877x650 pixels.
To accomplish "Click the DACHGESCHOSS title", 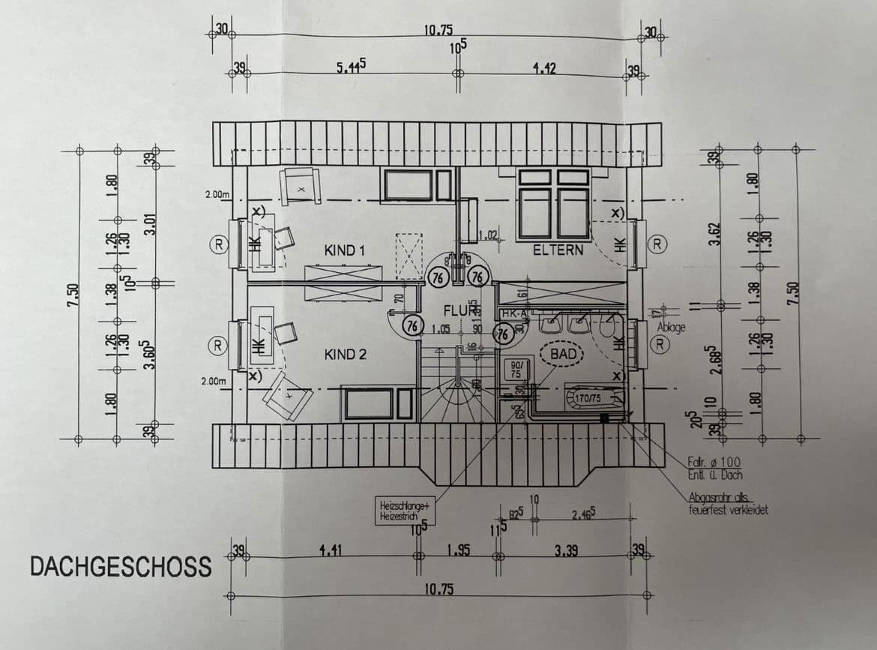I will click(x=121, y=567).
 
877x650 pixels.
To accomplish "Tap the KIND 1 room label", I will click(x=345, y=250).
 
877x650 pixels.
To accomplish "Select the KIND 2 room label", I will click(x=345, y=354).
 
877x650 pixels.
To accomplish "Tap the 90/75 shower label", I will click(x=516, y=369).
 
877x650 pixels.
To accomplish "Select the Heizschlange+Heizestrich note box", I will click(x=405, y=512).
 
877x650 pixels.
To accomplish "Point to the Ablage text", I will click(x=671, y=328).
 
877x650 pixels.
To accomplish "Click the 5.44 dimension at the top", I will click(x=351, y=67).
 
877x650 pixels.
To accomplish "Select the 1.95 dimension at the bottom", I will click(x=457, y=551).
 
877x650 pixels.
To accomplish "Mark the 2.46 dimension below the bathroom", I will click(x=583, y=515).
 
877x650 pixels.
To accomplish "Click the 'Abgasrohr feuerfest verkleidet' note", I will click(x=727, y=504).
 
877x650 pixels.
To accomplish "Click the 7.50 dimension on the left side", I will click(x=71, y=290).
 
